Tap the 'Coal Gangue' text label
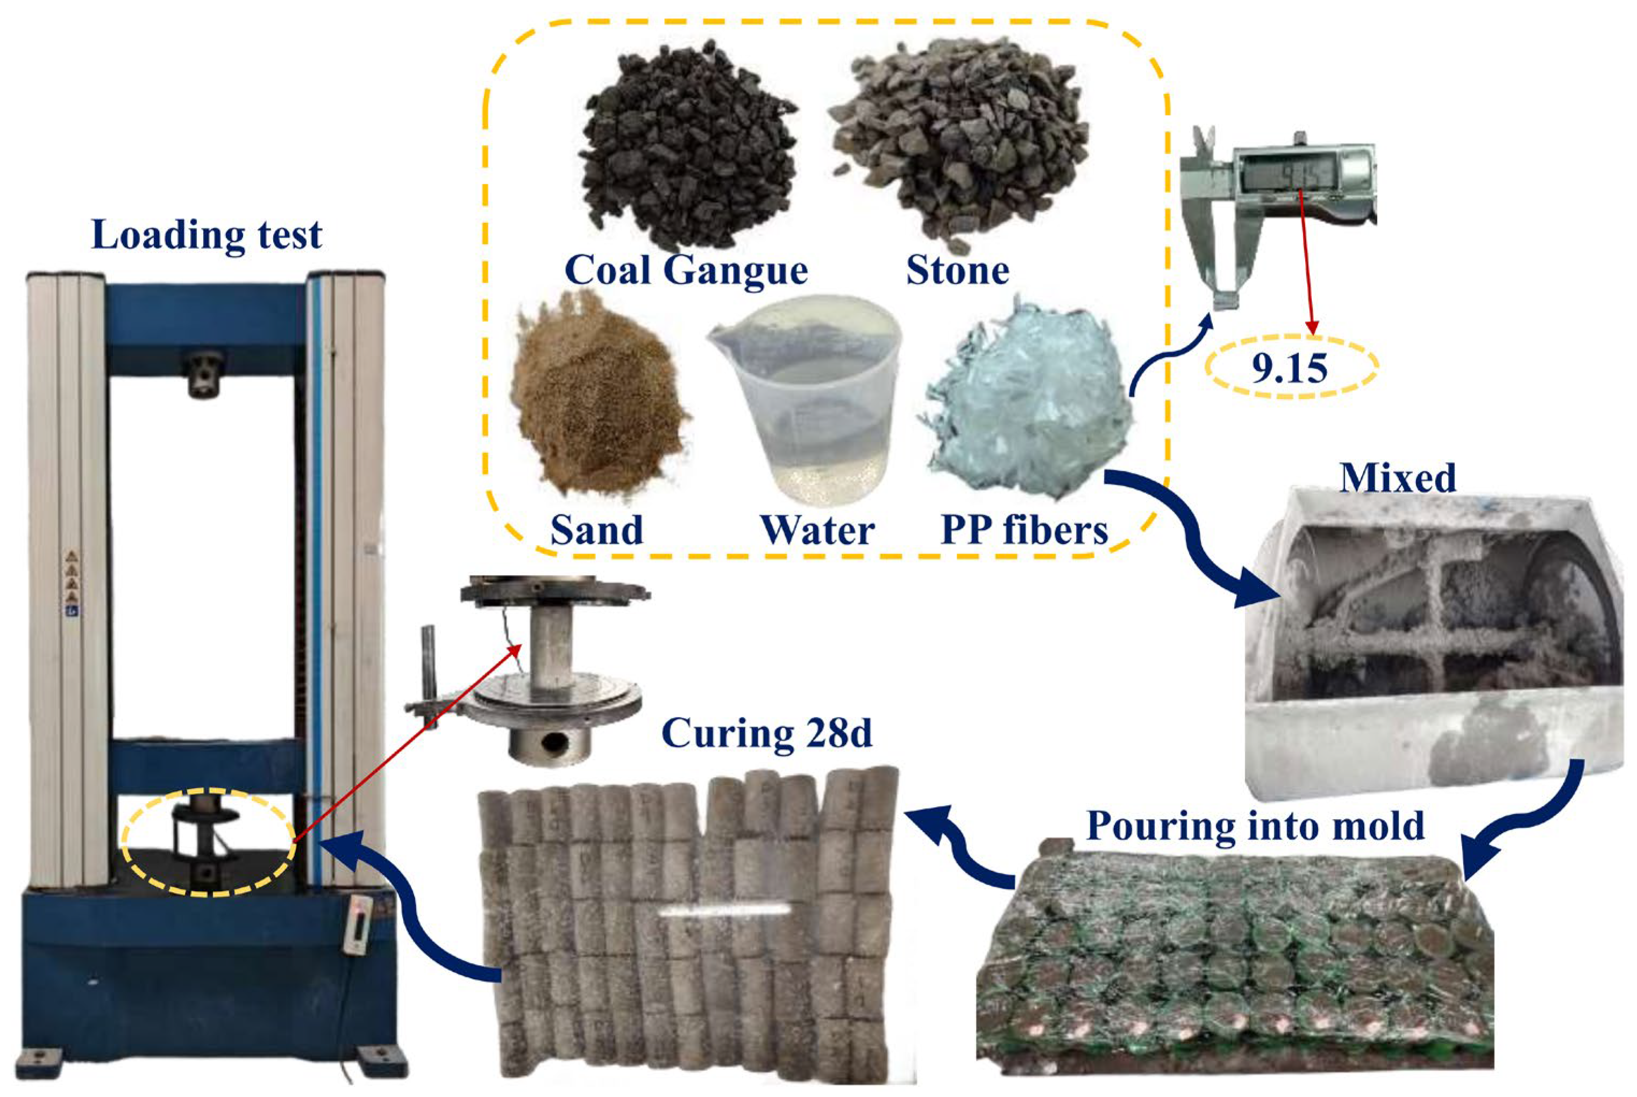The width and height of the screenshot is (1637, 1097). (686, 270)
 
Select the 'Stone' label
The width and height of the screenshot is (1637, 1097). (957, 270)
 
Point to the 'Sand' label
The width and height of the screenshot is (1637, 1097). (596, 530)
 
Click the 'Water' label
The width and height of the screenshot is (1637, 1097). (817, 530)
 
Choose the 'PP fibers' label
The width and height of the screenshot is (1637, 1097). (1024, 530)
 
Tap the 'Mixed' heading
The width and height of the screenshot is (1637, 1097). (1398, 478)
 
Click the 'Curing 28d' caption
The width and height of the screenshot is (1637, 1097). (767, 734)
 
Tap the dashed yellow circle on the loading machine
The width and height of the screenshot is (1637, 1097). (209, 842)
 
